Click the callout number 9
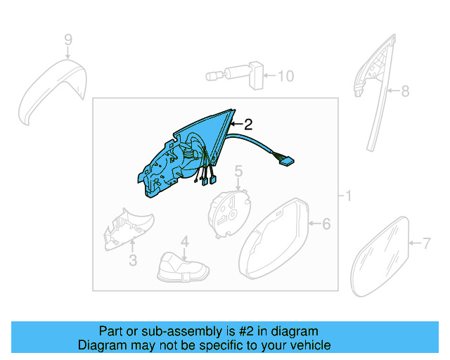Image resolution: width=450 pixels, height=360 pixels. pos(68,39)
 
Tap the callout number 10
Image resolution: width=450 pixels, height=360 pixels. pos(285,76)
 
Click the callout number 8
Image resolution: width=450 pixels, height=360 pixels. pos(404,91)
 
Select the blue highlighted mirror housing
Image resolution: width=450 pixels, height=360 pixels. pos(179,158)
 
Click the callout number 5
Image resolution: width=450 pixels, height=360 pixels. pos(238,170)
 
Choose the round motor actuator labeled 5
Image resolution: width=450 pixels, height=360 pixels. pos(229,209)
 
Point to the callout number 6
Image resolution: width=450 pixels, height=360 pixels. pos(326,224)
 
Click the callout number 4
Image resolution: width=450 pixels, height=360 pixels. pos(184,243)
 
